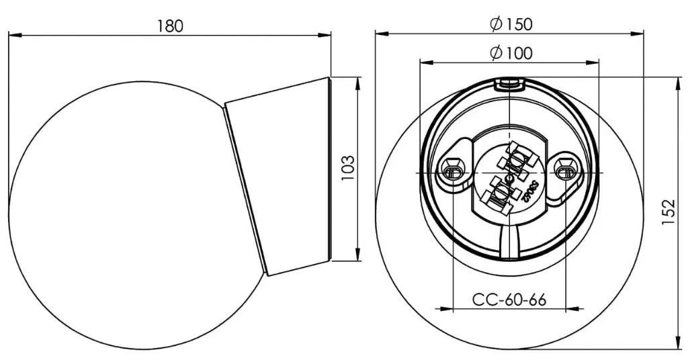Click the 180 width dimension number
click(x=170, y=26)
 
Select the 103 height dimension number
click(x=347, y=168)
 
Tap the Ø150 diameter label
click(x=511, y=24)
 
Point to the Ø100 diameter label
click(x=511, y=52)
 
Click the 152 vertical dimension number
click(x=668, y=213)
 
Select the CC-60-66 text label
click(x=509, y=300)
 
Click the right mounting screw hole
click(x=564, y=171)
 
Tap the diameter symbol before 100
click(x=497, y=52)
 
